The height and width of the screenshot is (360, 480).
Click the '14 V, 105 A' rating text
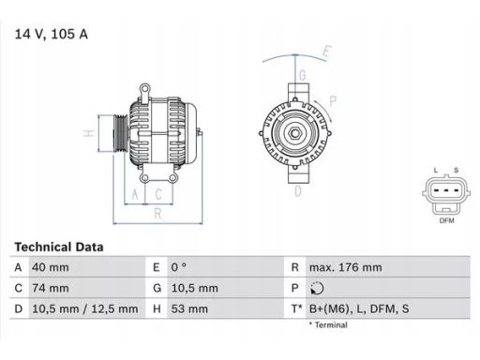52,34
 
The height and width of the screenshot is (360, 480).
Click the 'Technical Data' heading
59,247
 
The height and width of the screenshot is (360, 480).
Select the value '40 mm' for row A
51,267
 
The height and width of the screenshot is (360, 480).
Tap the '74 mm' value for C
51,288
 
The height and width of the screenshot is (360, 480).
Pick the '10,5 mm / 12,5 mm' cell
85,309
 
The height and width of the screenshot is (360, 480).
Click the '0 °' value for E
179,267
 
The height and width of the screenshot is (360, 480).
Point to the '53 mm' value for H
189,309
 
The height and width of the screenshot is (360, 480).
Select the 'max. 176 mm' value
346,267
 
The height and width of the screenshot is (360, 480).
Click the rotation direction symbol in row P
317,288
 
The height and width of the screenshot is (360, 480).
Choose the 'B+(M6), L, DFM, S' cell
359,309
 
